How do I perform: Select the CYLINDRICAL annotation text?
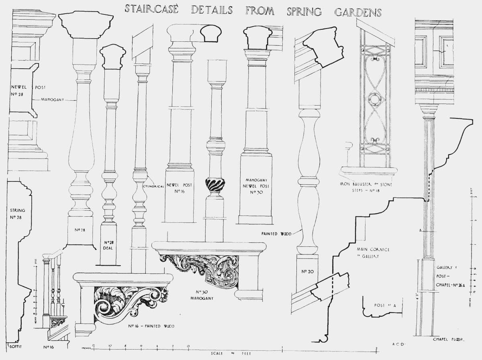click(x=153, y=186)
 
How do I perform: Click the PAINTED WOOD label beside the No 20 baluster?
click(x=276, y=233)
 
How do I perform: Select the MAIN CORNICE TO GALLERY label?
click(x=373, y=253)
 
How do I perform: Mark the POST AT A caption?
click(x=384, y=305)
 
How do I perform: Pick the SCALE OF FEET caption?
click(x=231, y=354)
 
